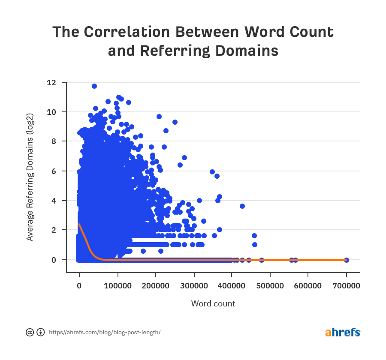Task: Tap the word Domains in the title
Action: (x=245, y=51)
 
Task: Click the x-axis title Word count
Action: (x=213, y=304)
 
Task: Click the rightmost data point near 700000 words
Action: (x=347, y=260)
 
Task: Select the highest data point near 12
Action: (x=94, y=86)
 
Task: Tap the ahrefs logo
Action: (x=343, y=333)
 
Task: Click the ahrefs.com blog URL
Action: (x=105, y=333)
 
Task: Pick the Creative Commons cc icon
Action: (x=30, y=333)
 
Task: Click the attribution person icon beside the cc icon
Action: (x=41, y=333)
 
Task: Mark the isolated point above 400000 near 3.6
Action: (x=242, y=206)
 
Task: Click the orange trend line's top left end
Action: (x=79, y=224)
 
